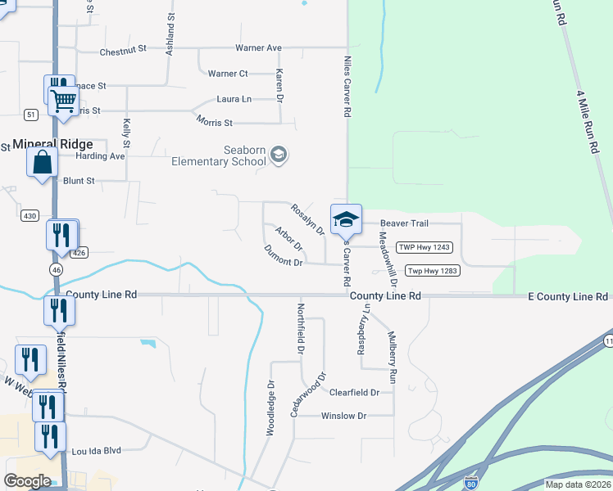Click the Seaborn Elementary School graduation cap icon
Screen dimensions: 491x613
(279, 155)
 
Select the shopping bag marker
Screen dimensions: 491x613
(42, 162)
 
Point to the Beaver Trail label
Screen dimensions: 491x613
(405, 223)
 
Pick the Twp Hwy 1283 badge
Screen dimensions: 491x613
(433, 271)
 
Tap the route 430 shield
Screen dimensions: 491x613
(30, 215)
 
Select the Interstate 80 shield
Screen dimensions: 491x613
(470, 483)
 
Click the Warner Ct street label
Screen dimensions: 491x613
(228, 74)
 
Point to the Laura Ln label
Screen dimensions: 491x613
(234, 99)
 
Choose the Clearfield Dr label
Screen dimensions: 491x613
(354, 392)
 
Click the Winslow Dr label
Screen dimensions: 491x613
(343, 416)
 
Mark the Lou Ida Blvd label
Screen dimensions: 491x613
(96, 450)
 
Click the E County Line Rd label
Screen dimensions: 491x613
(570, 295)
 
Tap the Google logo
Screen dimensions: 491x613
(27, 481)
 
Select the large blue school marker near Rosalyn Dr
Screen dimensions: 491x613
(346, 219)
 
